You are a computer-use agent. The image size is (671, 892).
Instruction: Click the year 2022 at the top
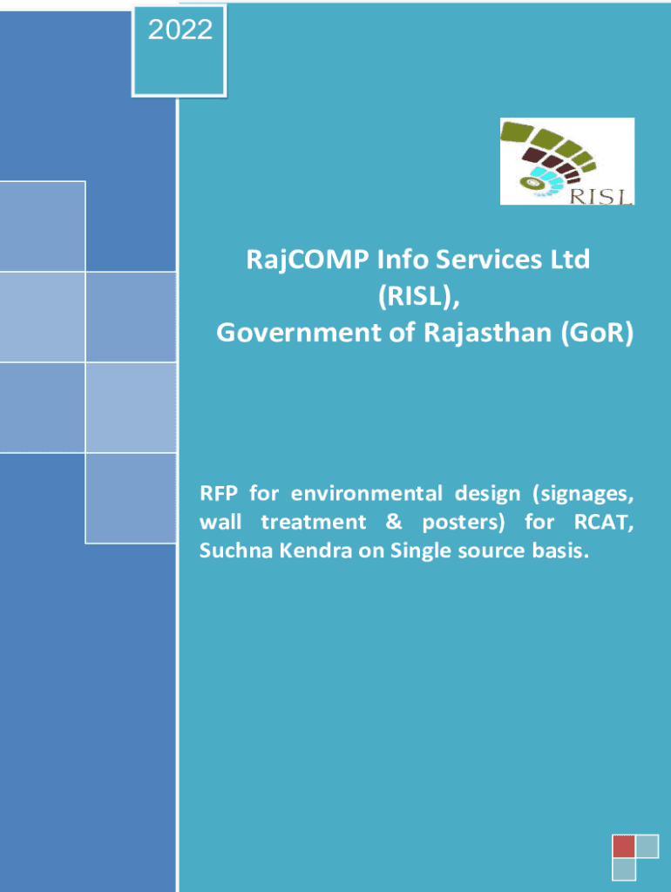pos(180,30)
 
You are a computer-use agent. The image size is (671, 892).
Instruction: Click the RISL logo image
pos(566,161)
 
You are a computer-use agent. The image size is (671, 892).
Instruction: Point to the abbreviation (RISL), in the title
pos(419,296)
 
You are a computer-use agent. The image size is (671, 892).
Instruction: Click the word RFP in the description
pos(218,493)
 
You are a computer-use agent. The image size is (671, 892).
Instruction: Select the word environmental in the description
pos(367,493)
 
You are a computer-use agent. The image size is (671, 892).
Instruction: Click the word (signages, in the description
pos(583,494)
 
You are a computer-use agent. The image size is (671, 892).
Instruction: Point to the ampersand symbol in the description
pos(394,522)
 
